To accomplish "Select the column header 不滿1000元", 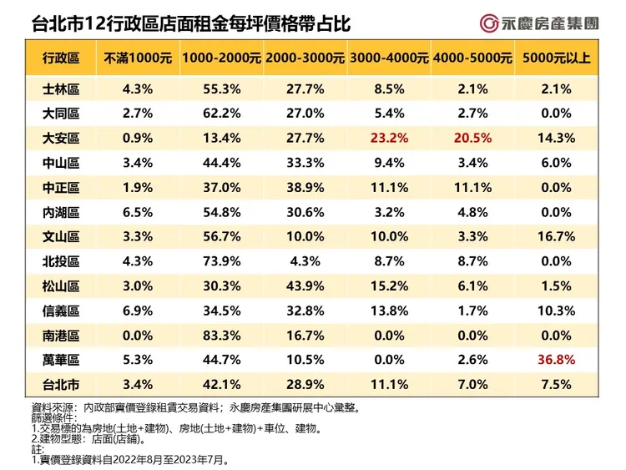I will [138, 58].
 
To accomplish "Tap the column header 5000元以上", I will [556, 58].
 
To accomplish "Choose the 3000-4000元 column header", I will [389, 58].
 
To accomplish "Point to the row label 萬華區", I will [61, 360].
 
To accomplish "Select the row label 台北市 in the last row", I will [61, 385].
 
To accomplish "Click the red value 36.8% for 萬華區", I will [556, 360].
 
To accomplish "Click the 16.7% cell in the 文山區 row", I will [556, 236].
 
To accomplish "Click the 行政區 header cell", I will [61, 58].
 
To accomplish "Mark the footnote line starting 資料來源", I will [194, 407].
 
